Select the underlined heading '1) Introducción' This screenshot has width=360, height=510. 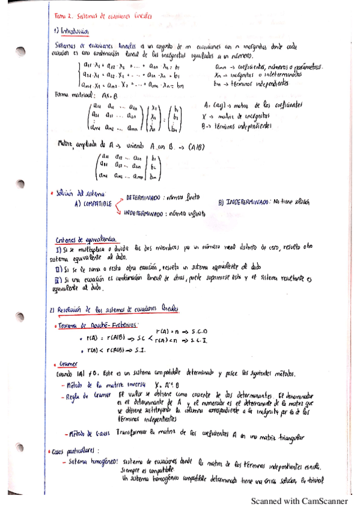[72, 31]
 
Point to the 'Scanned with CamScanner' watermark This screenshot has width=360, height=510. [299, 500]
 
